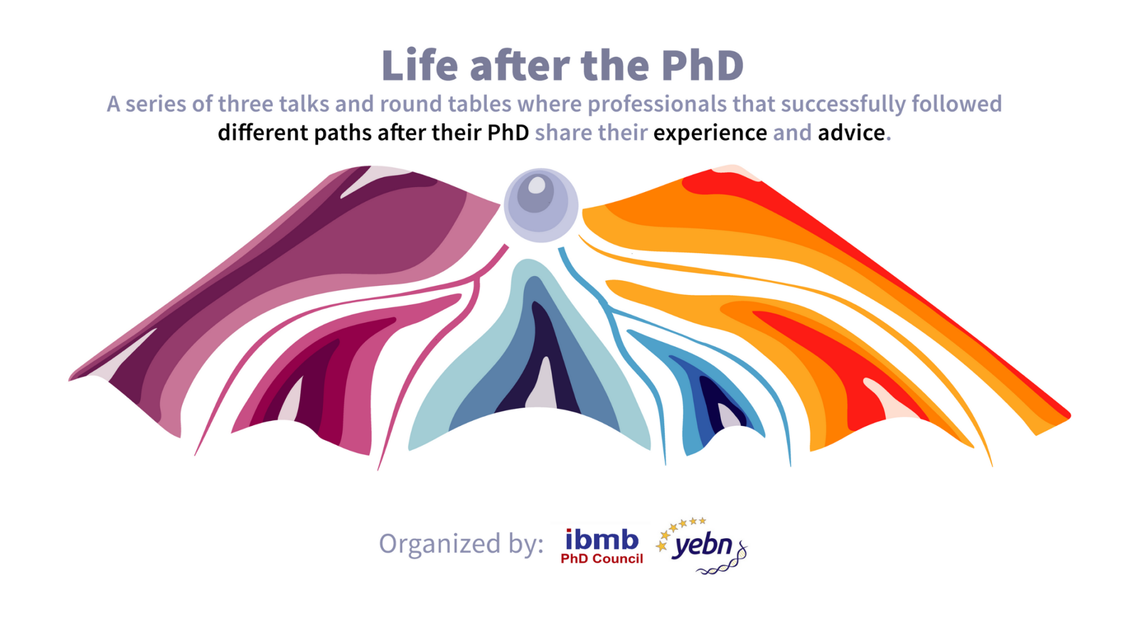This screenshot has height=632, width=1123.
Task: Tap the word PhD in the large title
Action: (x=702, y=66)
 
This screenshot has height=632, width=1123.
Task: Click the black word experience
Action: (x=710, y=133)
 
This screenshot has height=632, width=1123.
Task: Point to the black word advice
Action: (x=852, y=133)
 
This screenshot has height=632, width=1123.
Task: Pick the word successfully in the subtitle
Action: (x=843, y=104)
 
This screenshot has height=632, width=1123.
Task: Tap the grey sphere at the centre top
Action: (x=541, y=205)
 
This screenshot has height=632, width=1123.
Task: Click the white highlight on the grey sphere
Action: (x=537, y=185)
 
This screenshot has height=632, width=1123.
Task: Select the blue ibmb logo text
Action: (x=602, y=540)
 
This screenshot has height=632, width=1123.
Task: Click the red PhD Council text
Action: (x=602, y=559)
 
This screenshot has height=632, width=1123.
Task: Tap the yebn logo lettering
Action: (x=704, y=545)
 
